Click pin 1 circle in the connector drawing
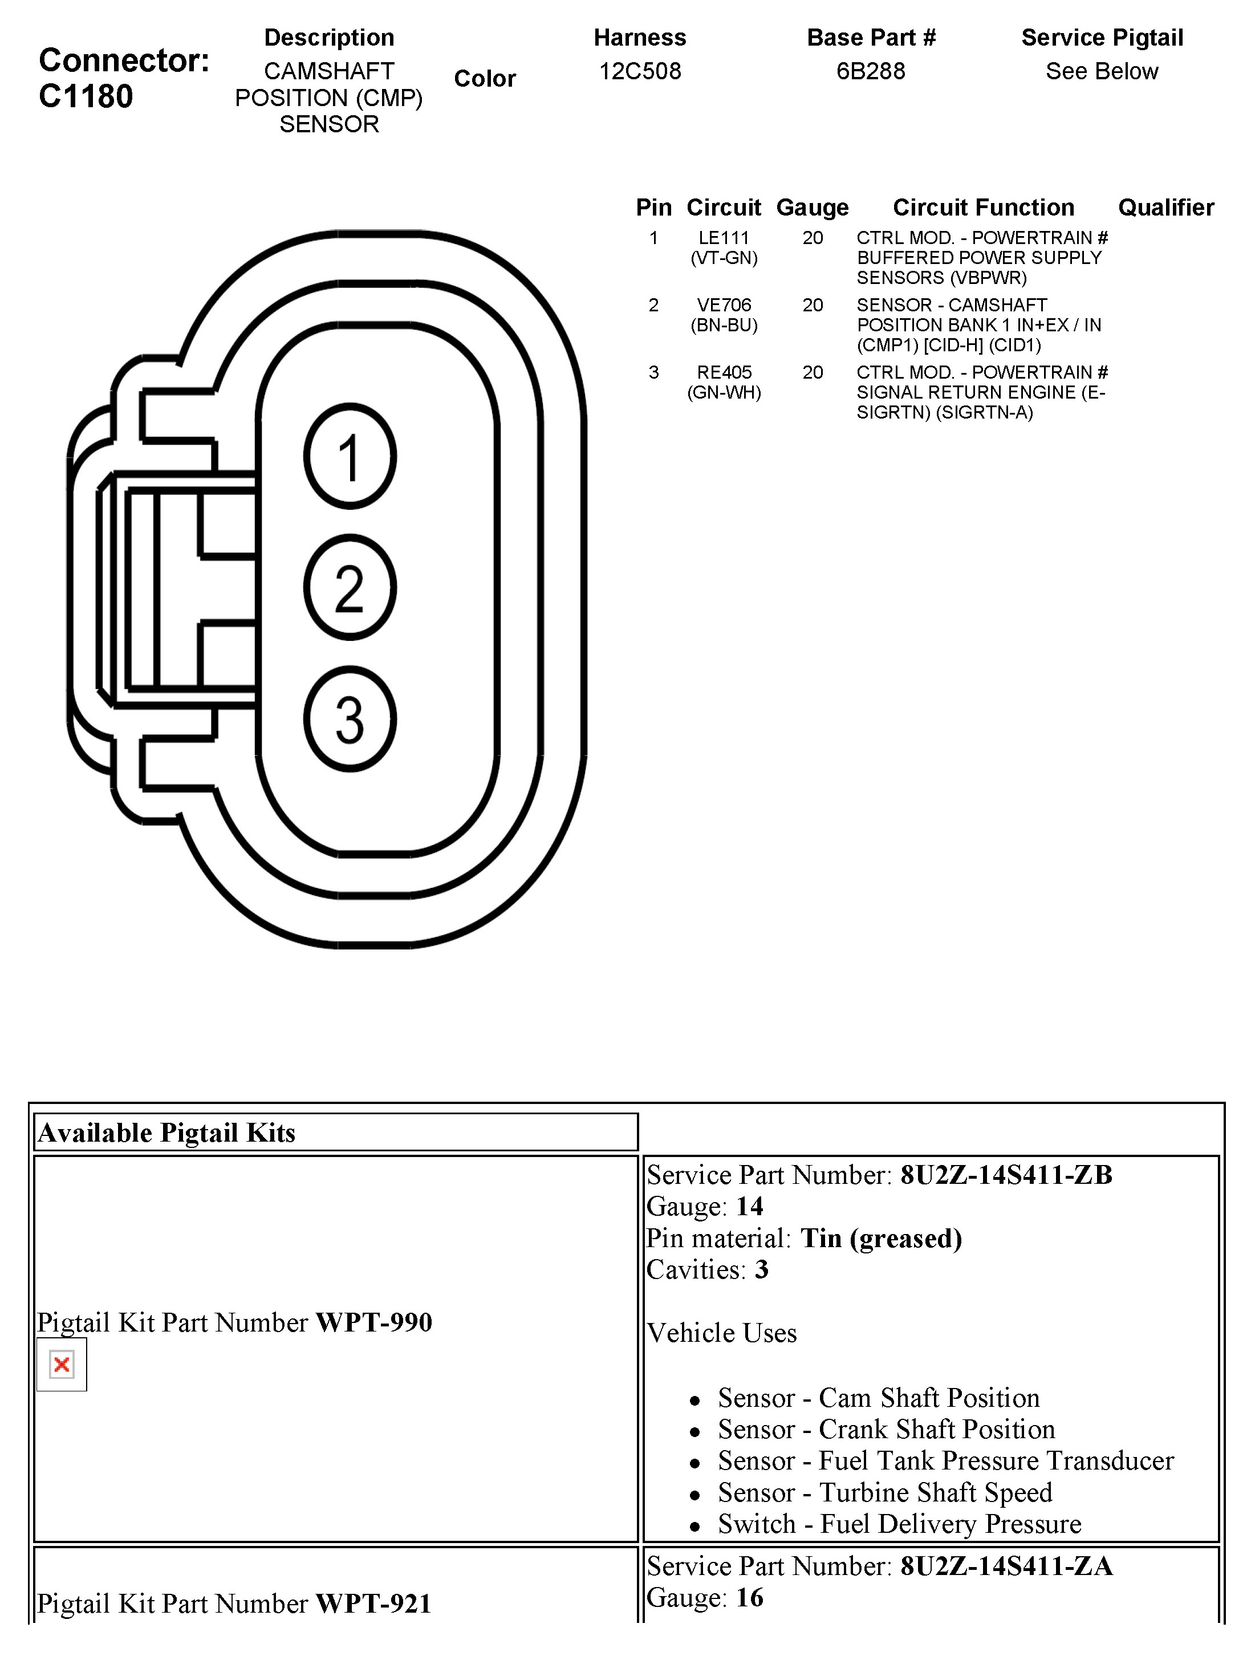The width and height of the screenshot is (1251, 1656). (350, 457)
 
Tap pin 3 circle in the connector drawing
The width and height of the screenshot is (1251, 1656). (350, 719)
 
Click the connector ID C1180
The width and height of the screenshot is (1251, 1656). (86, 96)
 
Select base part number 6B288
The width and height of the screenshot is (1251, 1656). (871, 71)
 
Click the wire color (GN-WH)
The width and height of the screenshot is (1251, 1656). (724, 393)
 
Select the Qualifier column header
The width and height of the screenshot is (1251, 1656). (1165, 208)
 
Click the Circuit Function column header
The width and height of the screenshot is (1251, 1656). (983, 208)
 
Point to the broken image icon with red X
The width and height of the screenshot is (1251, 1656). (62, 1365)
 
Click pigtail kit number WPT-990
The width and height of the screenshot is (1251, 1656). (373, 1323)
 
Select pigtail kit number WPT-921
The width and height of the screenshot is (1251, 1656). (373, 1604)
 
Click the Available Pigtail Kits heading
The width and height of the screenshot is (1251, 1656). (167, 1133)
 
